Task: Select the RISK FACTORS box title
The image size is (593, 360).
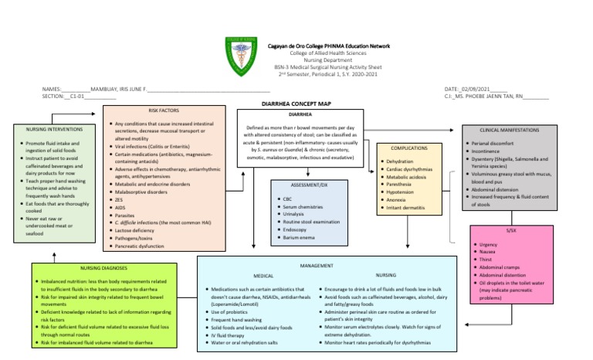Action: (x=164, y=111)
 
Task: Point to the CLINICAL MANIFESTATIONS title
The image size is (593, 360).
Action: (x=510, y=130)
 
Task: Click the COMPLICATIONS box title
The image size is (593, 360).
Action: (x=408, y=147)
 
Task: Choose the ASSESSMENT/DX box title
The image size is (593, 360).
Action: (x=309, y=185)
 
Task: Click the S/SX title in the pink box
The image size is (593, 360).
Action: (x=511, y=230)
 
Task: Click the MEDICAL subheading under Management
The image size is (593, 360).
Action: (x=263, y=275)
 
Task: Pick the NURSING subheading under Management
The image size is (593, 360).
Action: (x=385, y=275)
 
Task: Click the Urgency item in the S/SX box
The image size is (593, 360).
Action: (x=490, y=244)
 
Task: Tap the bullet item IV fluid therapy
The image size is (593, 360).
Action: (x=231, y=335)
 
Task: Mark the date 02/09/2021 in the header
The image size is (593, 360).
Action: (x=480, y=90)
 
